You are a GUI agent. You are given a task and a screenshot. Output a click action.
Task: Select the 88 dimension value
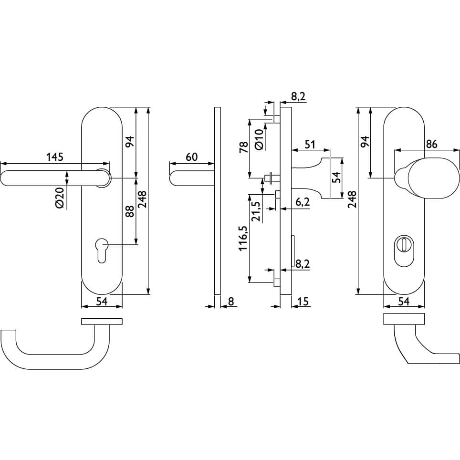[130, 211]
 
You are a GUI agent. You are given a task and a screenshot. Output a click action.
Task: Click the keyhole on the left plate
[102, 251]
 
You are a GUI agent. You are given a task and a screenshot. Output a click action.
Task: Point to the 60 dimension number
[191, 157]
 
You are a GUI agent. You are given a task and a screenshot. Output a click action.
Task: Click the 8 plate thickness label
[231, 301]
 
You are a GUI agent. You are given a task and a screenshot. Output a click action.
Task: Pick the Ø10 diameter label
[259, 140]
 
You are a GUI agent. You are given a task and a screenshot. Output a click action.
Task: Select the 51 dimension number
[310, 144]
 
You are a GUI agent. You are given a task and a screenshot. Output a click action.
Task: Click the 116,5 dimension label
[243, 238]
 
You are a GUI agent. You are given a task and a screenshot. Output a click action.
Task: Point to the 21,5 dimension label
[256, 212]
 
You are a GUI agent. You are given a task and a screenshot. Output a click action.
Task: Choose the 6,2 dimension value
[303, 202]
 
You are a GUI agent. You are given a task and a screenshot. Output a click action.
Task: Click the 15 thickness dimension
[303, 301]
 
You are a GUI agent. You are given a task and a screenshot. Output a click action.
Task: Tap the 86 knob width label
[431, 144]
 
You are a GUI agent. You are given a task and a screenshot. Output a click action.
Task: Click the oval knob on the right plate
[427, 178]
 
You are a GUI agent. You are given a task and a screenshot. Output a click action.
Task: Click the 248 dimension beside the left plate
[143, 199]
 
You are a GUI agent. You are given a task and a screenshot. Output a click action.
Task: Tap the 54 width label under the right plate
[404, 301]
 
